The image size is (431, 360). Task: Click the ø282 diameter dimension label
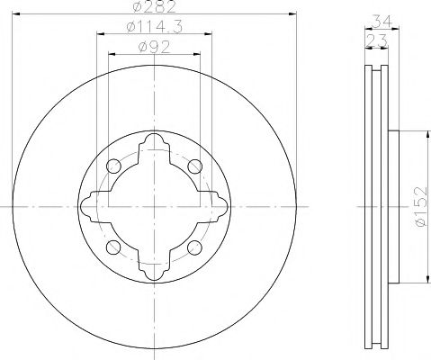click(x=154, y=6)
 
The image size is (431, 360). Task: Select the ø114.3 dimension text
click(x=155, y=27)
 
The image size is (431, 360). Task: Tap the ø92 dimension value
click(x=154, y=47)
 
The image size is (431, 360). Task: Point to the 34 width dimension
click(x=382, y=22)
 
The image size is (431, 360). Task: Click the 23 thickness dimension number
click(x=376, y=40)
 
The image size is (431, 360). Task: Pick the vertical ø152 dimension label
click(x=419, y=207)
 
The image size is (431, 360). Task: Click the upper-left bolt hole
click(x=113, y=166)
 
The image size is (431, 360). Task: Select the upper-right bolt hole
click(x=195, y=166)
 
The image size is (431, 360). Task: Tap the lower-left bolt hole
click(x=113, y=247)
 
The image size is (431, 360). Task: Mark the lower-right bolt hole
click(x=194, y=247)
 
